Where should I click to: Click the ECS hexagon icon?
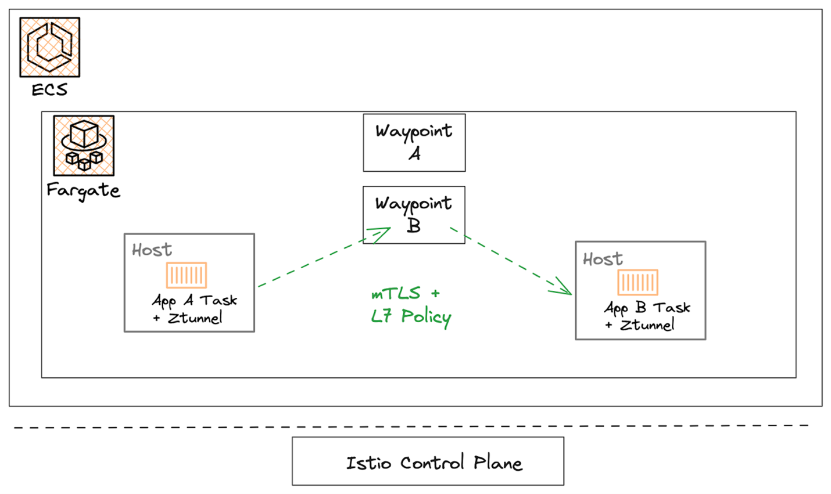click(x=50, y=47)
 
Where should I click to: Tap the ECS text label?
click(x=50, y=90)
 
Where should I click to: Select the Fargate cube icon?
click(x=84, y=146)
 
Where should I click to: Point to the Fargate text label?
click(x=83, y=190)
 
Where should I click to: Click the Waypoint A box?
click(x=414, y=143)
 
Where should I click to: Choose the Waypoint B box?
click(x=414, y=214)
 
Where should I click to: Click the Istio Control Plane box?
click(x=428, y=461)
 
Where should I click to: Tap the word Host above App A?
click(x=152, y=250)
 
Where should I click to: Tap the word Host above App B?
click(x=603, y=259)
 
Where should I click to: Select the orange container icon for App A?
click(x=187, y=275)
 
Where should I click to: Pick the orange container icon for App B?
click(x=637, y=283)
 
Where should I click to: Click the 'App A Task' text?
click(x=195, y=301)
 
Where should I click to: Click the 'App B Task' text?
click(x=647, y=308)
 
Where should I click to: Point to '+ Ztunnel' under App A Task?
click(x=188, y=318)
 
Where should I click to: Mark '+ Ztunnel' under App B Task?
click(x=639, y=325)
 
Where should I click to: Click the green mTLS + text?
click(x=406, y=294)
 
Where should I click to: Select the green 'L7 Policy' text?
click(x=411, y=316)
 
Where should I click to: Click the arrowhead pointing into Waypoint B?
click(x=381, y=233)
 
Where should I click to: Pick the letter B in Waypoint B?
click(x=414, y=225)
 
